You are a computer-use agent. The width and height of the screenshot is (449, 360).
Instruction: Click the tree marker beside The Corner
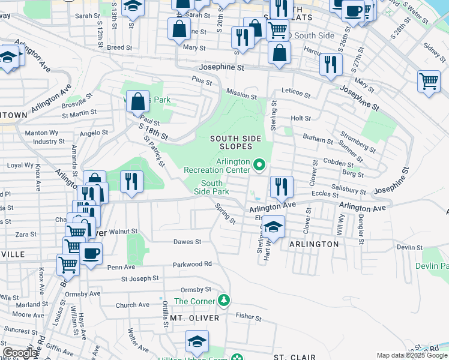(223, 299)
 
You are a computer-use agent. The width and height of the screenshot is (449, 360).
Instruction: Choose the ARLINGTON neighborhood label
(314, 244)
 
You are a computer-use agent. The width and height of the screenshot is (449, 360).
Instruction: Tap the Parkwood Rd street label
(193, 264)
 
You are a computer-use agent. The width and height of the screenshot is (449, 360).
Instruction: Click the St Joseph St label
(140, 278)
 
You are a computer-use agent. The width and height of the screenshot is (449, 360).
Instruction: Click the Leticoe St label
(296, 94)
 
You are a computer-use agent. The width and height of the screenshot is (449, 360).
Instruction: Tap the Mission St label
(241, 94)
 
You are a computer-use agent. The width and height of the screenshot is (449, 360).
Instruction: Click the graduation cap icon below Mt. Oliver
(197, 341)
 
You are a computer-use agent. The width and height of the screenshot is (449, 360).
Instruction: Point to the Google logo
(19, 353)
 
